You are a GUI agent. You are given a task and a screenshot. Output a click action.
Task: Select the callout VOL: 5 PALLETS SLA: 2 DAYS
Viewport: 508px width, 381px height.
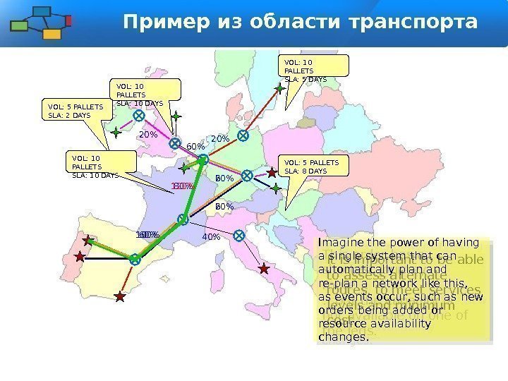(x=75, y=110)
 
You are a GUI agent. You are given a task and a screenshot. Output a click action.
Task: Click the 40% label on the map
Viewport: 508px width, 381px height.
(x=211, y=237)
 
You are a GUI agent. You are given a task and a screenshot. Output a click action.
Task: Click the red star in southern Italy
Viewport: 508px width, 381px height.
(x=264, y=269)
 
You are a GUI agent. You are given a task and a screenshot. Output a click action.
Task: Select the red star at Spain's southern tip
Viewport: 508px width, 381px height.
(x=120, y=297)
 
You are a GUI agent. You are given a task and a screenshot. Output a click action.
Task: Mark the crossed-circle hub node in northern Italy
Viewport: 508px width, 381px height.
(x=239, y=235)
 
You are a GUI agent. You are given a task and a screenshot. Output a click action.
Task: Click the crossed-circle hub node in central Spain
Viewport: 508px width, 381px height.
(x=135, y=260)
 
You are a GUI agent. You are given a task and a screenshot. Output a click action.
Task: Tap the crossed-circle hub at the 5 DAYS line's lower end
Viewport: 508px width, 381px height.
(x=243, y=135)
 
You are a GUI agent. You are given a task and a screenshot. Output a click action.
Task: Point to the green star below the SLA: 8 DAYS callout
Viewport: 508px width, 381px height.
(x=276, y=188)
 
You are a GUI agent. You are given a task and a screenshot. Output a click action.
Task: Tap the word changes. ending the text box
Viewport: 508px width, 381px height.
(x=344, y=337)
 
